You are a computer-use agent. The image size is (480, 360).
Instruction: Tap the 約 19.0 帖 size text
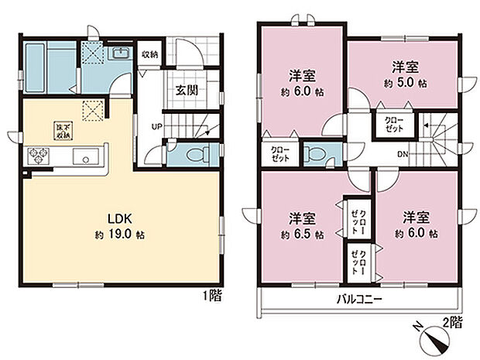[119, 234]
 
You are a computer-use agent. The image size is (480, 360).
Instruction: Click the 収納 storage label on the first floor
[149, 54]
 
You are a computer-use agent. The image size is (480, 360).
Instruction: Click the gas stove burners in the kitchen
[39, 156]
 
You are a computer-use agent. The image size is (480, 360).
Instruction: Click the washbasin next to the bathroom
[122, 53]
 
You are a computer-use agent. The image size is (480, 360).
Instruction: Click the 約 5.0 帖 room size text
[400, 83]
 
